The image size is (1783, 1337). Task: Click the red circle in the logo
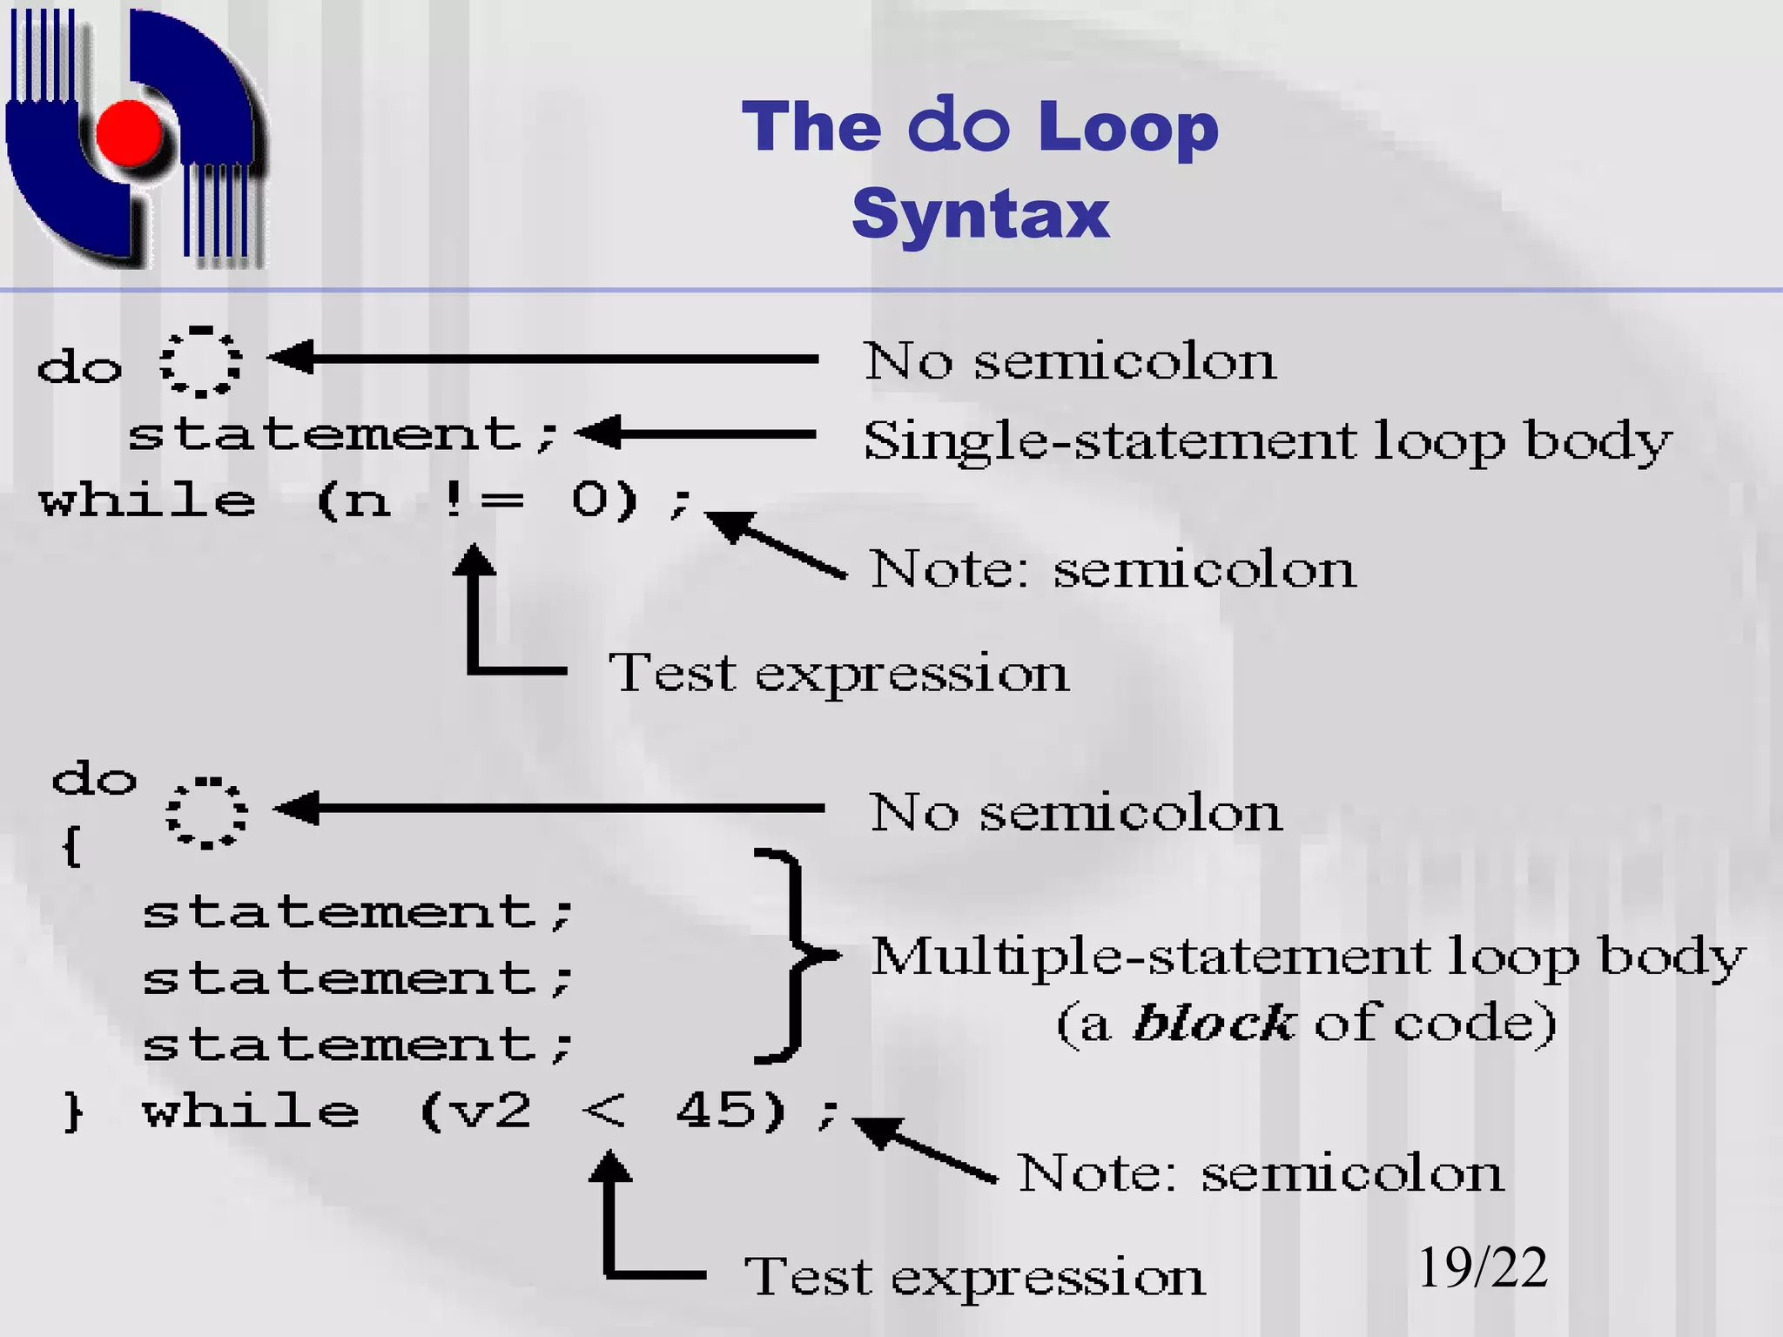130,133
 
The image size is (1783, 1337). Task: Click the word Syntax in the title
980,213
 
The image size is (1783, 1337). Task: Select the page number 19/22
1483,1267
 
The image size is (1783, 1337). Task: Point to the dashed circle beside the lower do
206,813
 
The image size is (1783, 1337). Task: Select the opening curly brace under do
72,845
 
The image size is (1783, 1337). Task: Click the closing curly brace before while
74,1112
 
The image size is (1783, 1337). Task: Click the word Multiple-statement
1148,957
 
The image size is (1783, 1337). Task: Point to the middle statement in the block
357,978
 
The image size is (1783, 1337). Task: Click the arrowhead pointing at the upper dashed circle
291,357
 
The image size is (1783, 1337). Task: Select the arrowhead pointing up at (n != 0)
474,561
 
